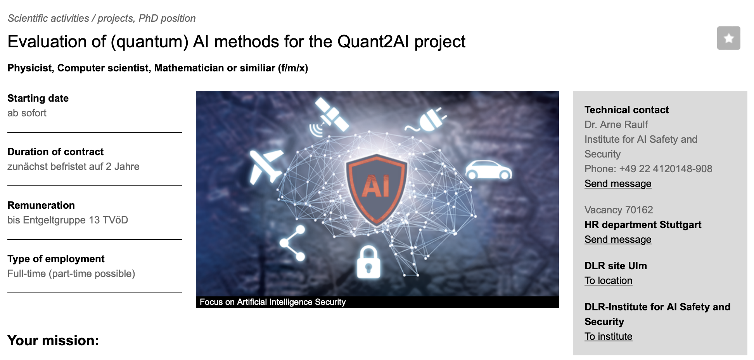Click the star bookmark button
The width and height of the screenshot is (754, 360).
[x=728, y=38]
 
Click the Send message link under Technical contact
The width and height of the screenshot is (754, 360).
[x=618, y=183]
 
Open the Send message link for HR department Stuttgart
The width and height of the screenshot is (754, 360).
[x=618, y=239]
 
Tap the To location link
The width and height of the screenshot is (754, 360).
[x=608, y=280]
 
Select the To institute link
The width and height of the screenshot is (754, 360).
[x=608, y=336]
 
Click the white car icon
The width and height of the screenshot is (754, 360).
[x=488, y=170]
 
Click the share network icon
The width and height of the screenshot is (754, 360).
[x=293, y=243]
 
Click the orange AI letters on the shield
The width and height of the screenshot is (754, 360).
[x=375, y=187]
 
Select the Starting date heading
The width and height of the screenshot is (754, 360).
[x=38, y=98]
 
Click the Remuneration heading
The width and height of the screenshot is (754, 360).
[x=41, y=205]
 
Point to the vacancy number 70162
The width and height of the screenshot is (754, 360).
[x=639, y=210]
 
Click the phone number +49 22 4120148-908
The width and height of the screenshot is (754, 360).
[x=666, y=169]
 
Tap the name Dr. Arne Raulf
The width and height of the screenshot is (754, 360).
[x=616, y=125]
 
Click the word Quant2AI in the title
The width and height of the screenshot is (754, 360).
[x=373, y=42]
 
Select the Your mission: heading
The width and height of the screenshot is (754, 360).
[x=53, y=340]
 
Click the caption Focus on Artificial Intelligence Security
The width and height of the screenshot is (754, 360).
[x=273, y=302]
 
